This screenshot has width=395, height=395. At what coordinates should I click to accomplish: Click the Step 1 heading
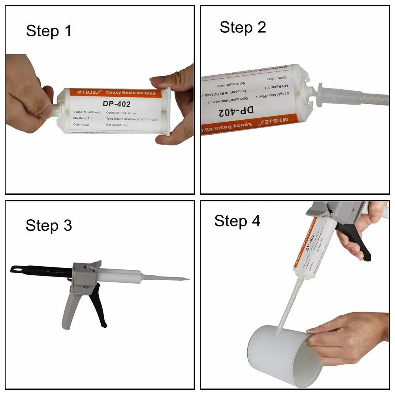[49, 31]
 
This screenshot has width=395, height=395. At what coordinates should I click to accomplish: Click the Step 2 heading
[243, 27]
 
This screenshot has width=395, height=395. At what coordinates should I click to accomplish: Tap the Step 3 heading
[49, 225]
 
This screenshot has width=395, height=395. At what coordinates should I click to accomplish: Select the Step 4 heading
[237, 221]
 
